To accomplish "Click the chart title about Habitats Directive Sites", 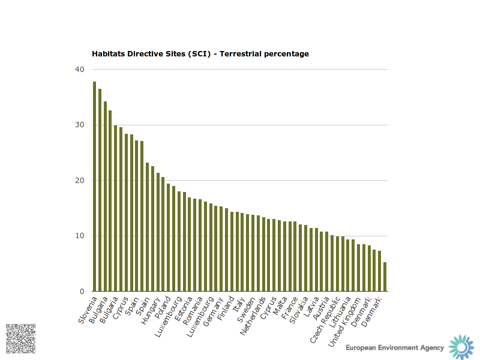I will [x=200, y=54].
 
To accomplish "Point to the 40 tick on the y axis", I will [x=79, y=70].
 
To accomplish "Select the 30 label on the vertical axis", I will [x=79, y=125].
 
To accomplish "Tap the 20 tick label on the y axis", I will [x=79, y=181].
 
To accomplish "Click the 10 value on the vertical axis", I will [x=79, y=236].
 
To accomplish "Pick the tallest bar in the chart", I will [x=95, y=187].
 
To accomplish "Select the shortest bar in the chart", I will [x=385, y=277].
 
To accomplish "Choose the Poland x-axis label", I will [x=163, y=308].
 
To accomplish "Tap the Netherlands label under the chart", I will [x=253, y=314].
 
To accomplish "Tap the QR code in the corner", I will [x=20, y=338].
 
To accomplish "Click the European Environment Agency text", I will [x=395, y=347].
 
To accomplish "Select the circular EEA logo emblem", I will [x=461, y=347].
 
